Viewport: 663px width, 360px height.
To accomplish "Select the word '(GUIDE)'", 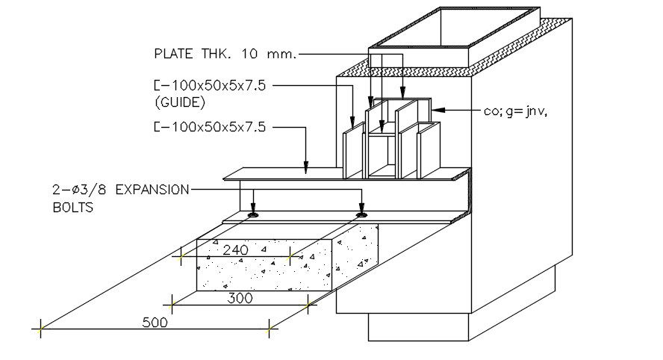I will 179,102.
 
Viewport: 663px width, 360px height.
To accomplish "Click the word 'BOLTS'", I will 73,207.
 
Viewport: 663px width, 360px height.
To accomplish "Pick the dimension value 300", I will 240,298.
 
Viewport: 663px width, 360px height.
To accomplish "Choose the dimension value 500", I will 154,323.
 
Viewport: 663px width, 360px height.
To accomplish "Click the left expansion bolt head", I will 254,215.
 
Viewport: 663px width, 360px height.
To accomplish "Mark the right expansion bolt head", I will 362,215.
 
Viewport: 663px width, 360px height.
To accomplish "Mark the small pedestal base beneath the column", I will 418,329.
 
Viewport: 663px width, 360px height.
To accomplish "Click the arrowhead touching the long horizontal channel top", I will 306,170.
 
